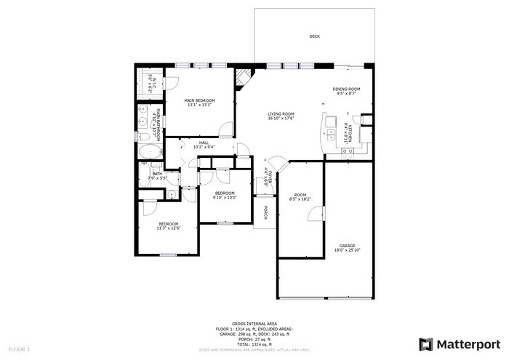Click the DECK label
314,36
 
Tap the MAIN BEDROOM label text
199,100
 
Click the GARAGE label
347,246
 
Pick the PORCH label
265,212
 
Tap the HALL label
194,143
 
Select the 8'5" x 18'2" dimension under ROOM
299,199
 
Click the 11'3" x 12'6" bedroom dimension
168,228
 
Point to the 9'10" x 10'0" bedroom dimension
225,196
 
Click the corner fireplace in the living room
244,76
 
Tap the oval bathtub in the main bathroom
151,152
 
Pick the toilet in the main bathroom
144,136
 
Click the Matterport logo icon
426,343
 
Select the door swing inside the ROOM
315,213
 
